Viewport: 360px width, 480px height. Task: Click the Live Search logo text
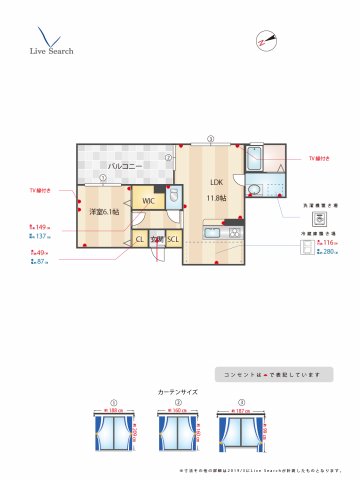coord(50,49)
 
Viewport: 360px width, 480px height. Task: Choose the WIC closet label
coord(148,201)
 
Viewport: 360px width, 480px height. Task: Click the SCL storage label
coord(173,239)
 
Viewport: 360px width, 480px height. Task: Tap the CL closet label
coord(139,239)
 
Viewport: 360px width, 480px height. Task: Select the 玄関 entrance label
coord(156,239)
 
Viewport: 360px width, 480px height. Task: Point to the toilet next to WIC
coord(173,197)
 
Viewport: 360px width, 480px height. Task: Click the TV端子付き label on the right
coord(320,159)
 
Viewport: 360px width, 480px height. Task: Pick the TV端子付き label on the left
coord(41,190)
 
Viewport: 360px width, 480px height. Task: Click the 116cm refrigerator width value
coord(328,243)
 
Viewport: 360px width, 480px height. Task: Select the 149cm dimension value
coord(41,227)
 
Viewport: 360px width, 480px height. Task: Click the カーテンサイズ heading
coord(178,392)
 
